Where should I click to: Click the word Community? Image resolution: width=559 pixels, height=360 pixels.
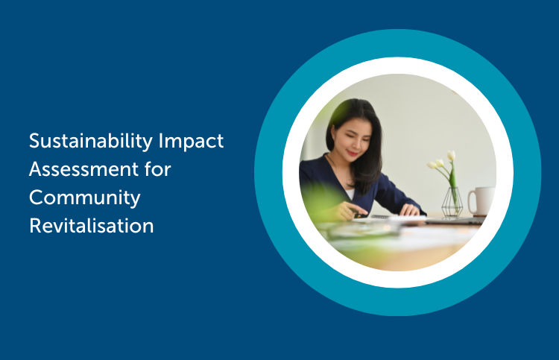click(84, 198)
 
